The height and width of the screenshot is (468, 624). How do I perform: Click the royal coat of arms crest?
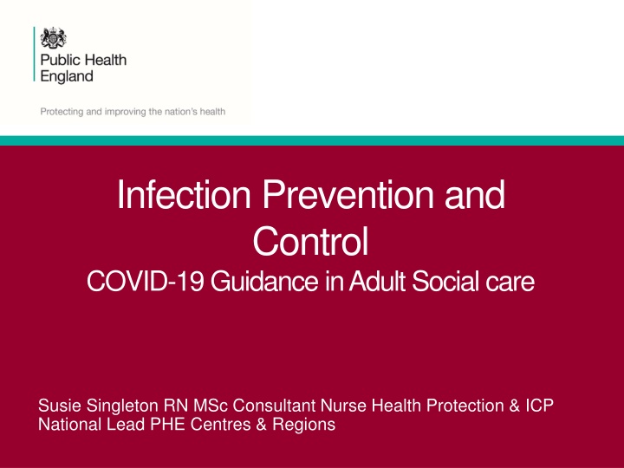tap(54, 38)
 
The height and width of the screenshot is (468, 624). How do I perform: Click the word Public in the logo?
tap(56, 61)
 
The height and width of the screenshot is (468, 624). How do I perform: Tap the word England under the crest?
tap(67, 76)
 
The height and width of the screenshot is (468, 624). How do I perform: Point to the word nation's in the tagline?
tap(179, 112)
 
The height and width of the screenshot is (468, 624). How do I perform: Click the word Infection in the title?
tap(184, 195)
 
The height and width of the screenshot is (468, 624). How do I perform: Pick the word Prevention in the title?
tap(348, 195)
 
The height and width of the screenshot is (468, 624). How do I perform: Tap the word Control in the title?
tap(311, 241)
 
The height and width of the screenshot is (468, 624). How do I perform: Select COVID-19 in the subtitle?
tap(146, 281)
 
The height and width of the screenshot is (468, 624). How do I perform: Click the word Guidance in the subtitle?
tap(264, 281)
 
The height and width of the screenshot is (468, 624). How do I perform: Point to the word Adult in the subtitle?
tap(377, 281)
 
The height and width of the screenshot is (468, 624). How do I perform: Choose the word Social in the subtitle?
tap(443, 281)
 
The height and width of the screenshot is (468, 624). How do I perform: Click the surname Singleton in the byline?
tap(122, 406)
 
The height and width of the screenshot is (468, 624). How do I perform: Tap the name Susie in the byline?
tap(60, 406)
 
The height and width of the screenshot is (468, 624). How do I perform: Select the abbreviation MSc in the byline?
tap(211, 406)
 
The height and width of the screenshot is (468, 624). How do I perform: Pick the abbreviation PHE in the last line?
tap(167, 424)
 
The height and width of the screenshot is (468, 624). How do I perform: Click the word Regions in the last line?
tap(304, 425)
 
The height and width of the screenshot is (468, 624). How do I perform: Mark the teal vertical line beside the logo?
tap(34, 54)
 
